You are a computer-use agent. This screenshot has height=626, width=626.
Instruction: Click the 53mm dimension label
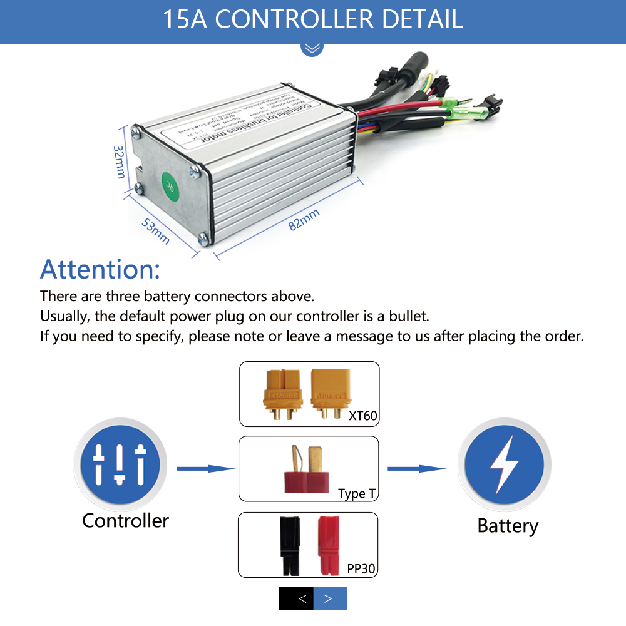click(155, 231)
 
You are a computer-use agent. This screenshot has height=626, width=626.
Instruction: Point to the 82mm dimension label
click(304, 220)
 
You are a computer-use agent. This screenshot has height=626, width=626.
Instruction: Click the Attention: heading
click(100, 269)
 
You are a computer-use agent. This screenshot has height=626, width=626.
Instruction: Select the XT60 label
click(363, 414)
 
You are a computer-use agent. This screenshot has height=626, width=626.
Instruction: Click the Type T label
click(357, 493)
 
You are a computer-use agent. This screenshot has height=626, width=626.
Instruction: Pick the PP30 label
click(362, 568)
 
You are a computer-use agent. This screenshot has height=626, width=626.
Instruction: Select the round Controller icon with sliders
click(120, 465)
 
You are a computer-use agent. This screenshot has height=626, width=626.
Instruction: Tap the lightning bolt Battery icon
click(505, 464)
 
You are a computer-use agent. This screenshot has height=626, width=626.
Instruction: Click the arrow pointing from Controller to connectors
click(205, 468)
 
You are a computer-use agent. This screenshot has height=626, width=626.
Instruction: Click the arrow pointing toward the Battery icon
click(416, 468)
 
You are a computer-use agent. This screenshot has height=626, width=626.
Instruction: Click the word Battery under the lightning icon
click(507, 525)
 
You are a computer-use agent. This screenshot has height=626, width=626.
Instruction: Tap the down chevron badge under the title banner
click(312, 48)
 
